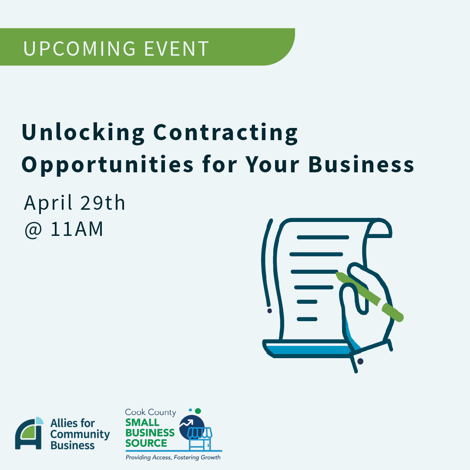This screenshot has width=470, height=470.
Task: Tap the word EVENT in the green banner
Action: [177, 49]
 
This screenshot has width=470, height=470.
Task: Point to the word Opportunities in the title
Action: [107, 165]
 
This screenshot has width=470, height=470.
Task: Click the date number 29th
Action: [103, 203]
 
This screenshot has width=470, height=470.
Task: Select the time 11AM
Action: [77, 229]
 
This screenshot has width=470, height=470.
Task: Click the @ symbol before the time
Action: [33, 230]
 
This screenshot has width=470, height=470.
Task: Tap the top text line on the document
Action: [323, 238]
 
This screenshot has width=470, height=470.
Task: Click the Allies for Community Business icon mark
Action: [29, 433]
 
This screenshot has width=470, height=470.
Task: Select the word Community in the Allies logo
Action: [80, 435]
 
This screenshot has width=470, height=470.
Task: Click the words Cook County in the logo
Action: [151, 413]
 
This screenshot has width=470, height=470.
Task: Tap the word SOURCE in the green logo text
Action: [146, 443]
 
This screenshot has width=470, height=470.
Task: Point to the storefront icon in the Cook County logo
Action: [200, 439]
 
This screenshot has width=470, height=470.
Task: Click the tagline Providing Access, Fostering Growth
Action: [173, 457]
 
